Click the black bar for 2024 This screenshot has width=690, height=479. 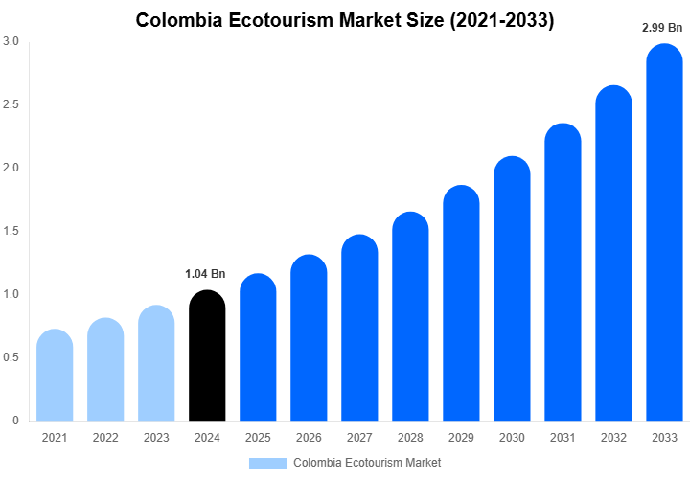[x=207, y=356]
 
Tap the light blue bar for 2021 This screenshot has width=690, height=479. [x=55, y=376]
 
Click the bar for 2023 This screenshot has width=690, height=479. [x=156, y=363]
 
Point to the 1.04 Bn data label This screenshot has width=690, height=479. [x=205, y=274]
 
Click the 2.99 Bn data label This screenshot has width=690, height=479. [x=662, y=28]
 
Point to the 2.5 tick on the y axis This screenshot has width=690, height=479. [x=11, y=104]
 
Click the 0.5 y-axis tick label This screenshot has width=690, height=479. [x=11, y=357]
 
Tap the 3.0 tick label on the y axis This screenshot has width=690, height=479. [x=11, y=41]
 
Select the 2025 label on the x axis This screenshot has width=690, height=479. [x=258, y=437]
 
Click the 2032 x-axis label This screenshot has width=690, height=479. [x=613, y=437]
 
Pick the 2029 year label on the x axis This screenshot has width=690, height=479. [x=461, y=437]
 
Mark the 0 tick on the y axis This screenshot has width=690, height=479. [x=15, y=421]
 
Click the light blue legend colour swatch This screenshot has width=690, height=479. [x=268, y=463]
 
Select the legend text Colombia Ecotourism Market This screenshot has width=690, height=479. [x=367, y=463]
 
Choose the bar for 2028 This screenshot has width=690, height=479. [x=410, y=316]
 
